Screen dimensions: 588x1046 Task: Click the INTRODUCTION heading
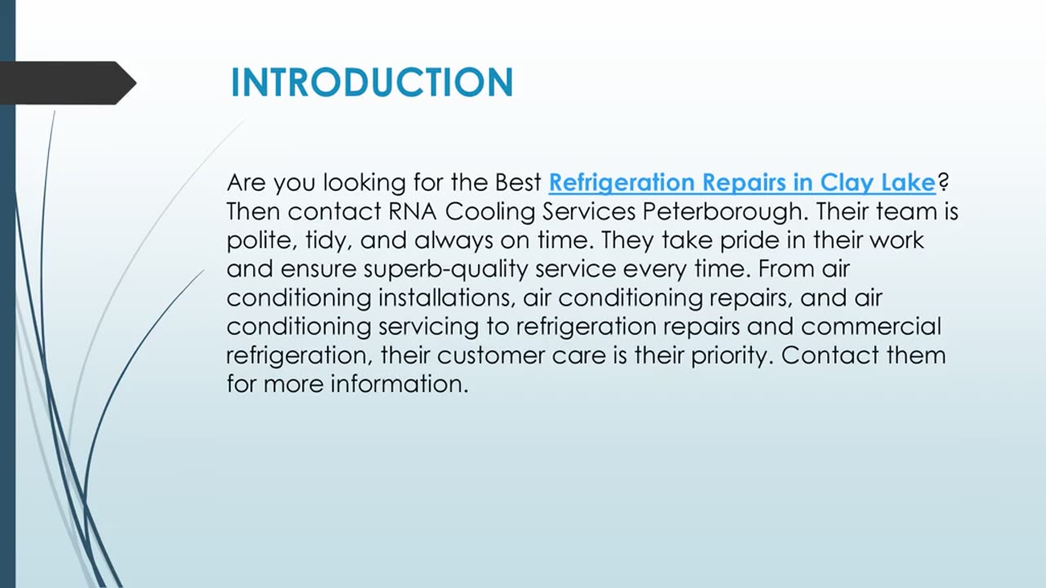(372, 82)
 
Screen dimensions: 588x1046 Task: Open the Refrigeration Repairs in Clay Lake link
(741, 182)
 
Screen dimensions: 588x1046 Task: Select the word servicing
(443, 327)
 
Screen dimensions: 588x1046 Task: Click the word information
(400, 384)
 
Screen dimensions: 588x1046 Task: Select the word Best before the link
(518, 182)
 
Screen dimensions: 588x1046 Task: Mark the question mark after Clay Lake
(942, 182)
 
